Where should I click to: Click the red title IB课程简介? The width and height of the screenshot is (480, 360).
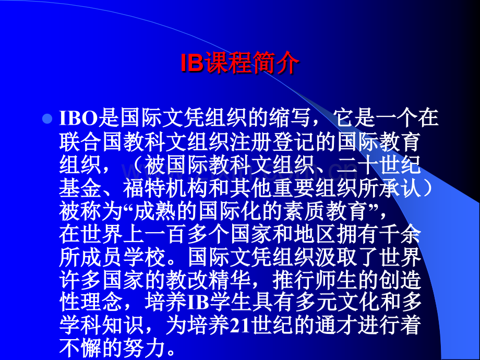pos(239,63)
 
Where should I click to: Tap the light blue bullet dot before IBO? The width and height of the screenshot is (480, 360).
pos(47,118)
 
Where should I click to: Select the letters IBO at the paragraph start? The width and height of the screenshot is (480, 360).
pos(78,118)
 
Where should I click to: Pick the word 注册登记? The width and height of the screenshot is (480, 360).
pos(273,141)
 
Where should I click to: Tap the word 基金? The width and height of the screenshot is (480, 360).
pos(80,188)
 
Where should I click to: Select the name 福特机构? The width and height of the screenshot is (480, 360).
pos(165,188)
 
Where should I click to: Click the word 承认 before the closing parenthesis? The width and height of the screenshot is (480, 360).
pos(400,188)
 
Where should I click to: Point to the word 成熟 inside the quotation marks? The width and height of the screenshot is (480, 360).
pos(155,211)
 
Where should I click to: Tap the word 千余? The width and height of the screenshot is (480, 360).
pos(400,234)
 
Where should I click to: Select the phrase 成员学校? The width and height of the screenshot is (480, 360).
pos(123,257)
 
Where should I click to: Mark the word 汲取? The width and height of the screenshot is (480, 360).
pos(336,257)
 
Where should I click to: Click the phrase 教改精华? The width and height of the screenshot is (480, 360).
pos(208,280)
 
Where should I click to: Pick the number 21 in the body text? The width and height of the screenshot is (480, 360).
pos(241,326)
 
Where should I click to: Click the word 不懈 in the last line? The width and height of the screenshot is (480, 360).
pos(80,348)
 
